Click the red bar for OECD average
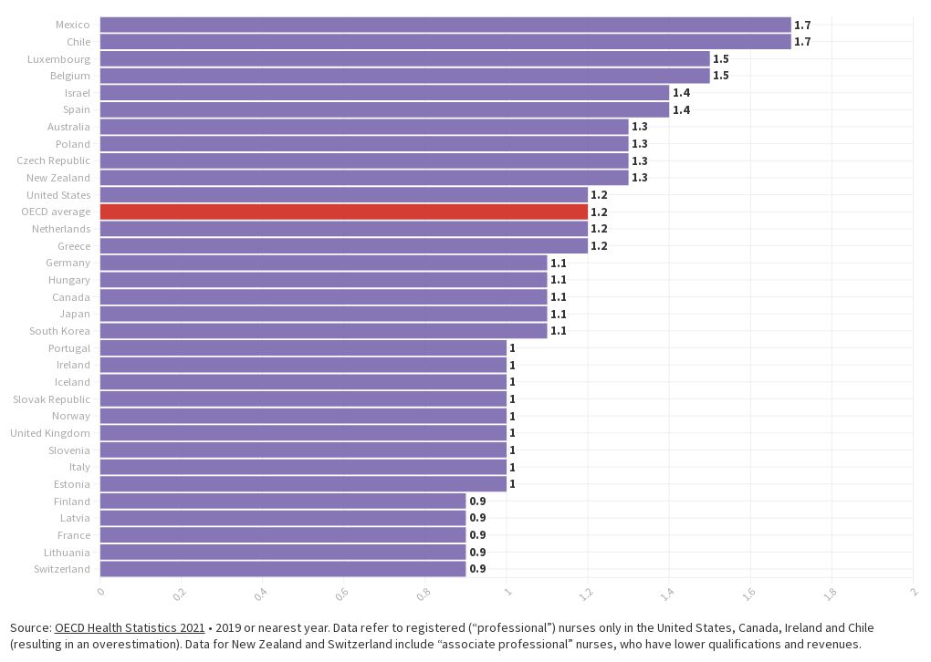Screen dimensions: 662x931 tap(343, 212)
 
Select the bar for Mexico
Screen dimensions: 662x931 tap(445, 25)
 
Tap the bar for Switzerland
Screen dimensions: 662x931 tap(282, 569)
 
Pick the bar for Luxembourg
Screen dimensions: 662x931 tap(404, 58)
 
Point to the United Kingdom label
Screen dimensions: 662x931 tap(50, 433)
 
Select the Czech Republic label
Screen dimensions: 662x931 tap(53, 160)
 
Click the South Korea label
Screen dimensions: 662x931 tap(59, 331)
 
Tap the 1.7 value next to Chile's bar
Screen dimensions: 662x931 tap(802, 42)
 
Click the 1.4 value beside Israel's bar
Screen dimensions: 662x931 tap(681, 93)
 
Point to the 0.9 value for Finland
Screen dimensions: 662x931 tap(477, 502)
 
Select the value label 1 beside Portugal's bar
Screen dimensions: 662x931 tap(512, 348)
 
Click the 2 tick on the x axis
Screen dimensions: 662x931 tap(912, 594)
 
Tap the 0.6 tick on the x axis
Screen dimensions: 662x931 tap(342, 595)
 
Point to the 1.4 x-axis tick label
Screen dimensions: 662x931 tap(666, 595)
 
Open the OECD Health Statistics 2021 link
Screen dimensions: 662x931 tap(130, 628)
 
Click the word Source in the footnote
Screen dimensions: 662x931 tap(30, 628)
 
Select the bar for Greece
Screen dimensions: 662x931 tap(343, 246)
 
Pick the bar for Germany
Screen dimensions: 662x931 tap(323, 263)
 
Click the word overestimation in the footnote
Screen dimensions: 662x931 tap(115, 645)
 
